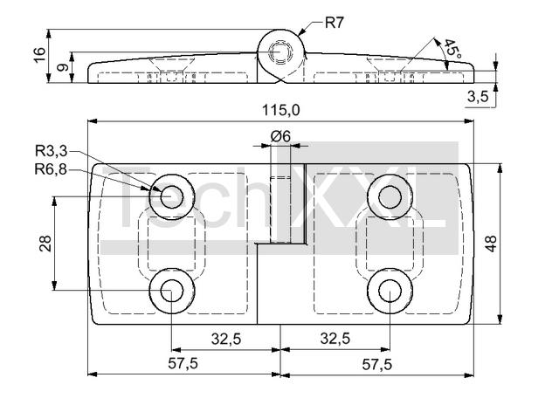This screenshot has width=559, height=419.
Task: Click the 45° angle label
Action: click(452, 49)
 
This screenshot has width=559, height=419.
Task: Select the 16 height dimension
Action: click(38, 54)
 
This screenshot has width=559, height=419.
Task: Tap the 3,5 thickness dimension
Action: click(478, 96)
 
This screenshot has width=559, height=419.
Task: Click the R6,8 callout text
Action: click(52, 168)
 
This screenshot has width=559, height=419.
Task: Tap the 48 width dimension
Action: click(491, 244)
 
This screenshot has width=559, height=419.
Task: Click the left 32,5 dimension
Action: click(226, 339)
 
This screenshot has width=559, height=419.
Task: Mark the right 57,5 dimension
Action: click(376, 364)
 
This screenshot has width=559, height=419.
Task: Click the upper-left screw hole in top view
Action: click(171, 196)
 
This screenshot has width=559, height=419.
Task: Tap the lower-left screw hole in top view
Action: click(171, 292)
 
